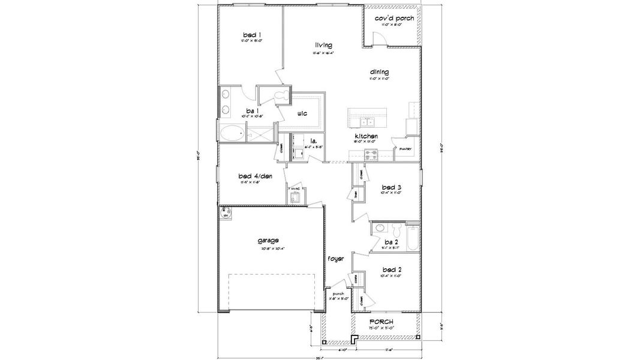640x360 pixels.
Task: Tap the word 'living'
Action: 324,45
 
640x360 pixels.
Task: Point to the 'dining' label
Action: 378,72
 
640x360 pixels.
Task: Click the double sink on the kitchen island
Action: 366,122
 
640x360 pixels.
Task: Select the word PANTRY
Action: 405,149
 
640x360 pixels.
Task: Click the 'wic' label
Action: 303,112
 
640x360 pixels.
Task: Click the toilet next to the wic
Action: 281,97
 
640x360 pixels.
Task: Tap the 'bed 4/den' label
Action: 251,176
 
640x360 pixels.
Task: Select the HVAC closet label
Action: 295,188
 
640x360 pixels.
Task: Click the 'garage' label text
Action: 268,241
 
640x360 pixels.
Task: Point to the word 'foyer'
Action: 335,259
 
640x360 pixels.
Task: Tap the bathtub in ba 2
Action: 413,238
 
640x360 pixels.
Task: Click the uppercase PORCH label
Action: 381,322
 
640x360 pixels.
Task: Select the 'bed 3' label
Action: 391,187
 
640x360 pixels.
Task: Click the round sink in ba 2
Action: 380,228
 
